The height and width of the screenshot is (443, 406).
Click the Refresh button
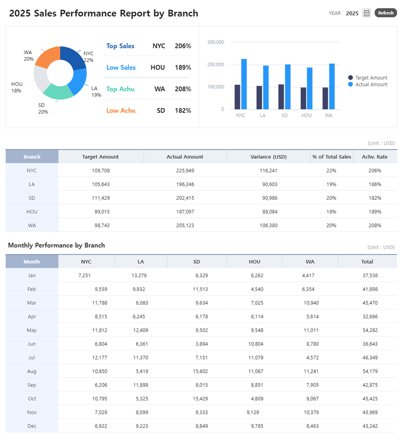pos(385,13)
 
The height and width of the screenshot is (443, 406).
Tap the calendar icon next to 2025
pos(366,13)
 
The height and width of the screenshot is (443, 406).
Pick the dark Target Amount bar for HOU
pos(303,98)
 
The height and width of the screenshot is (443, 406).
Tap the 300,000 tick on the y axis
pos(216,42)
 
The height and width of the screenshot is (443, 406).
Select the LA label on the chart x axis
pos(263,116)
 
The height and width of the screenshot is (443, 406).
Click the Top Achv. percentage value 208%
pos(182,89)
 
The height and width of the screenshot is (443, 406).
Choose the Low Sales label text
pos(121,67)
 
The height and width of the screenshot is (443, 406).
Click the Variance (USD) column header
pos(268,157)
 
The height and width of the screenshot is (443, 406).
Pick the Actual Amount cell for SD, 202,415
pos(185,198)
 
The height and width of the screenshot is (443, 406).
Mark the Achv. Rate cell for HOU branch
pos(374,211)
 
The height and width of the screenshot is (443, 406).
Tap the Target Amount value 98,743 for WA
pos(101,225)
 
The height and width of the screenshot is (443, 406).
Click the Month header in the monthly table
pos(32,262)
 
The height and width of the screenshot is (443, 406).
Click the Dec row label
pos(32,425)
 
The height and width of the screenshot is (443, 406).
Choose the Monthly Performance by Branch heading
pos(57,245)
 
